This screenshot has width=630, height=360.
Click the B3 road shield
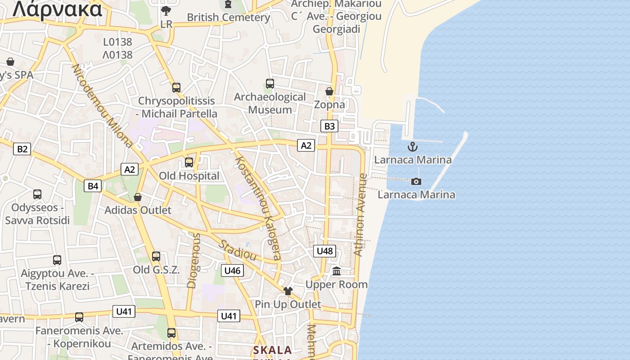(x=330, y=126)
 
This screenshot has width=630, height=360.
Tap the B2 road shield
(x=22, y=149)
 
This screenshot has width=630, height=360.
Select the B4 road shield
(x=93, y=185)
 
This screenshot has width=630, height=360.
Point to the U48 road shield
(x=324, y=251)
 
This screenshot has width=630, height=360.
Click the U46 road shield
(x=232, y=270)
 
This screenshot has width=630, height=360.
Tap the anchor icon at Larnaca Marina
(x=413, y=147)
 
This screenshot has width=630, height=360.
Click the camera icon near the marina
(x=416, y=181)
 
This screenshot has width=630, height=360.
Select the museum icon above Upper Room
(x=337, y=271)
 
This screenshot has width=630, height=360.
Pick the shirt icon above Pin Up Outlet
(x=288, y=291)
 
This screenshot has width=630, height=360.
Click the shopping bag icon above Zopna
(x=329, y=91)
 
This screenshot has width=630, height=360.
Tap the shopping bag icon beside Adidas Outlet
(x=138, y=197)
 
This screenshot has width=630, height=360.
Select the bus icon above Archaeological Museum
(x=270, y=84)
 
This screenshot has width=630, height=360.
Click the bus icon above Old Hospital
(x=189, y=162)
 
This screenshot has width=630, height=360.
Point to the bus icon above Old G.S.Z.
(x=156, y=256)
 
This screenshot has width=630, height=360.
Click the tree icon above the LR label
(x=166, y=10)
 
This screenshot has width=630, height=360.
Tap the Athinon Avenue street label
(x=361, y=215)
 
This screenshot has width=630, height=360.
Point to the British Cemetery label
(x=229, y=18)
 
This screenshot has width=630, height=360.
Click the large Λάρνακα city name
(x=58, y=9)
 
